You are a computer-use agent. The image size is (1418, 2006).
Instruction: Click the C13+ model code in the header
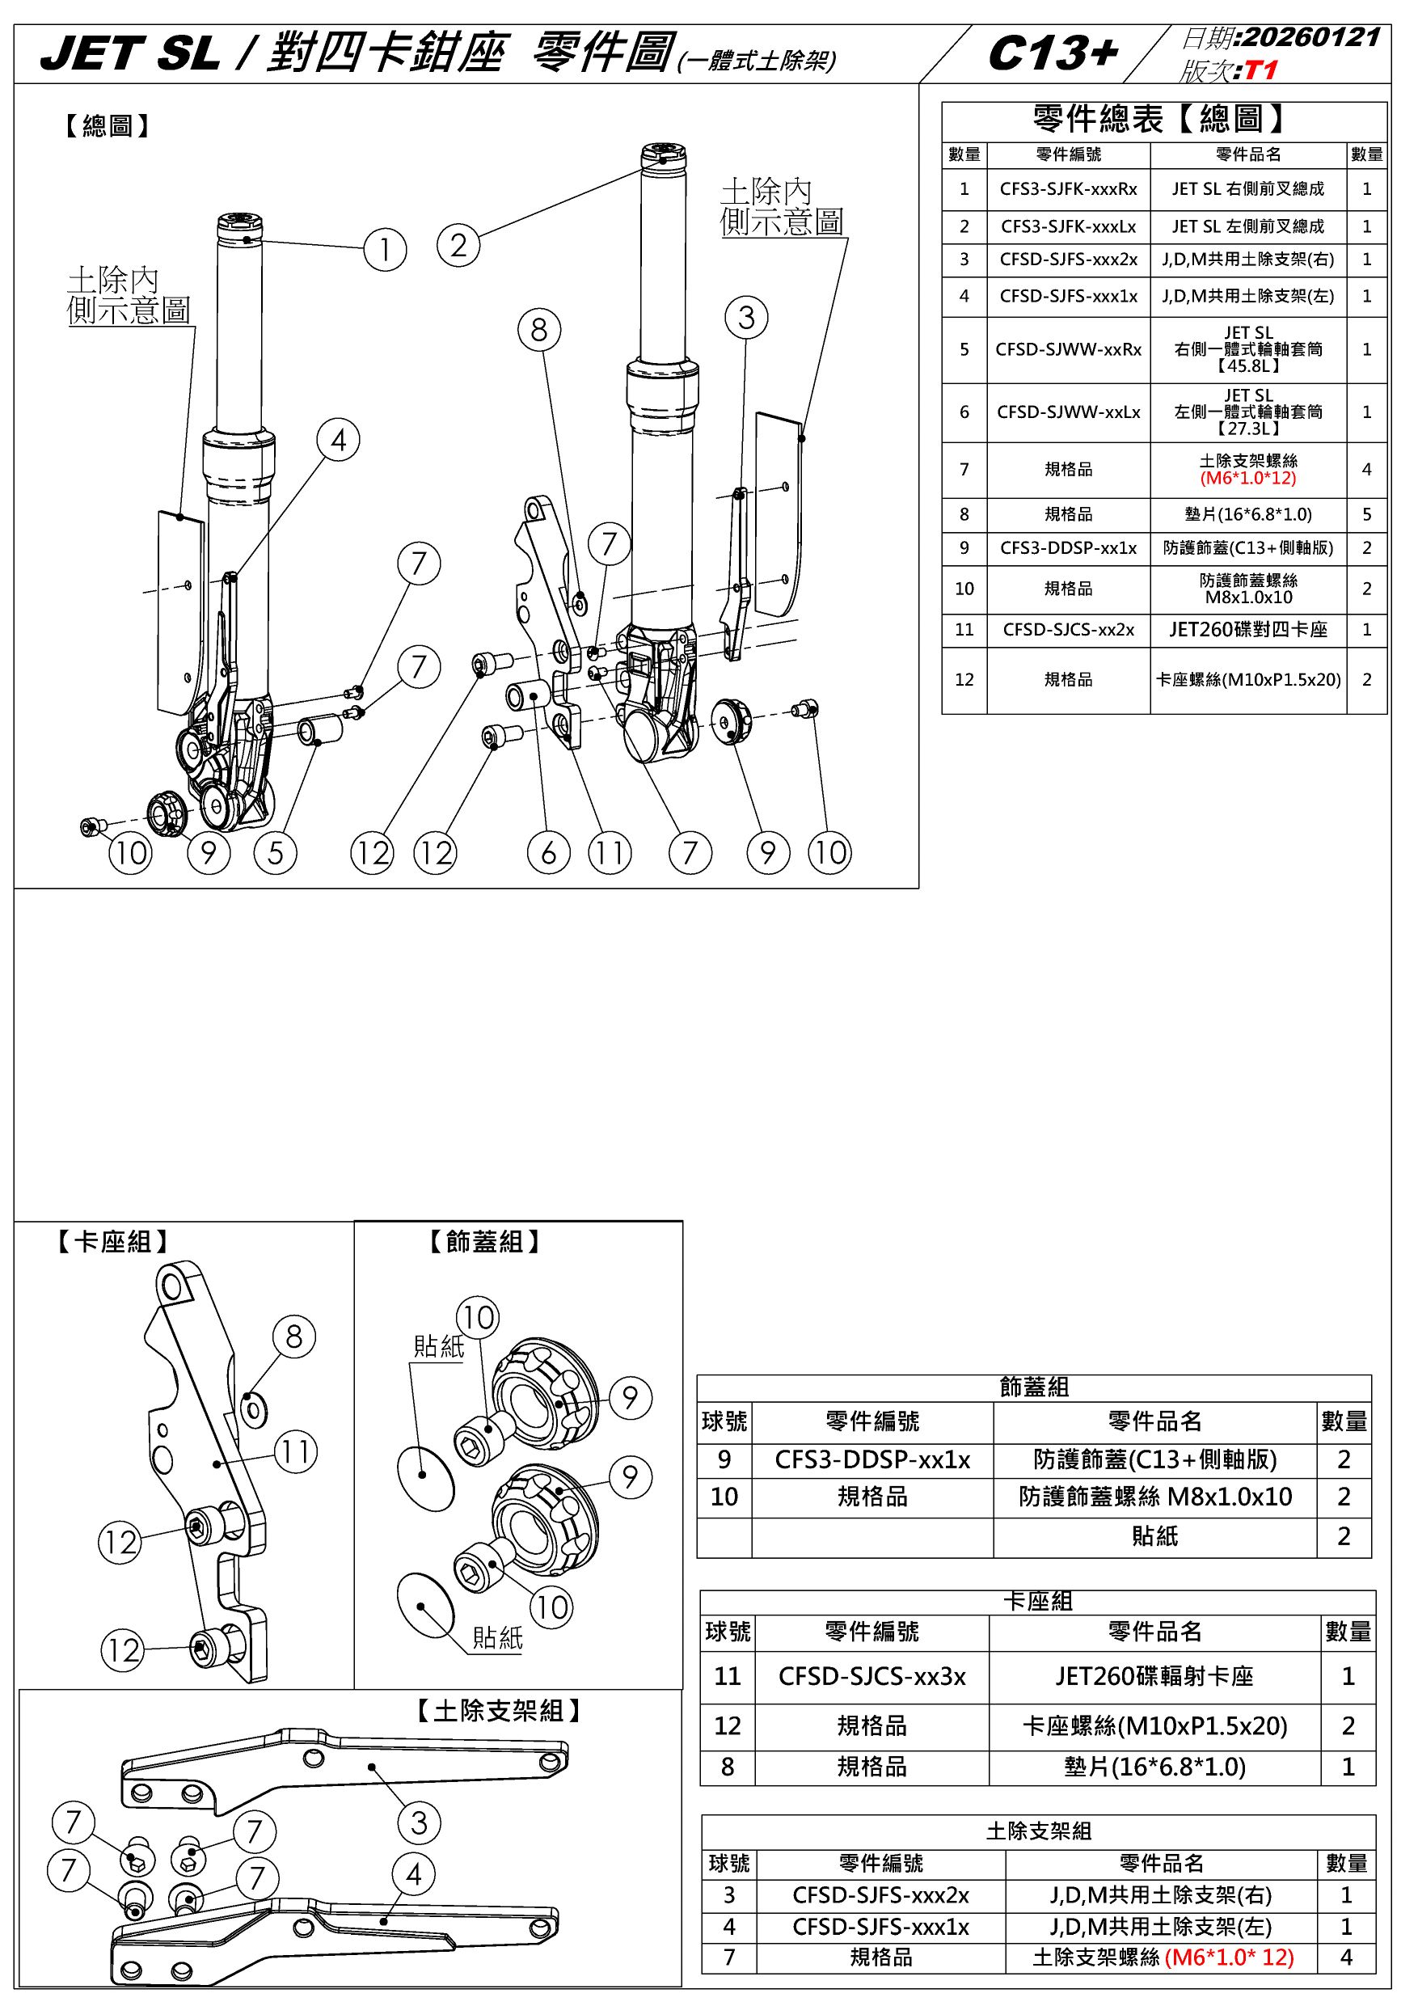(1052, 54)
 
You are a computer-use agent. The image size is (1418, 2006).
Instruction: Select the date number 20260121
(1310, 37)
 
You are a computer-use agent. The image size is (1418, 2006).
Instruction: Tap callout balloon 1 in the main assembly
(386, 250)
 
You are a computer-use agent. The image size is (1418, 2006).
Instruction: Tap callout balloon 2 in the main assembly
(458, 245)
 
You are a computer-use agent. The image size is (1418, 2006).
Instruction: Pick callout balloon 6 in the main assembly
(549, 852)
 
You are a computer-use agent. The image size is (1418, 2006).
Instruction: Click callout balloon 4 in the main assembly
(339, 440)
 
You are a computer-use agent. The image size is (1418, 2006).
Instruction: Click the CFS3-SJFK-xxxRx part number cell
(1069, 188)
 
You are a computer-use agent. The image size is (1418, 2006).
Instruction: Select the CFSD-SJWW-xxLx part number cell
(1069, 412)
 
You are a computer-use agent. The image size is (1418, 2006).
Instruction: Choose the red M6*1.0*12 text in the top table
(1247, 479)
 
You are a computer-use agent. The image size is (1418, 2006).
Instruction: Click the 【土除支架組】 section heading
(498, 1711)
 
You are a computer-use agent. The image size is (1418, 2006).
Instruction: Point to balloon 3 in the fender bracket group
(419, 1822)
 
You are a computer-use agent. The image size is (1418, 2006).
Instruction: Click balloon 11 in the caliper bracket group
(295, 1451)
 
